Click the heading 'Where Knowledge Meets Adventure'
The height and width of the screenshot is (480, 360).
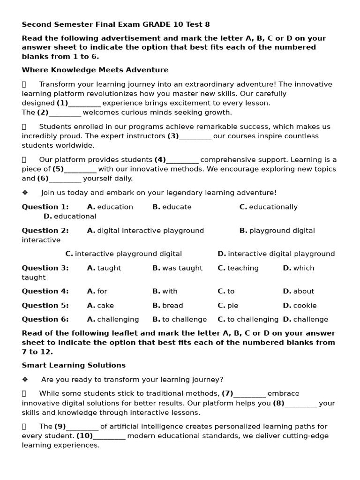click(x=95, y=70)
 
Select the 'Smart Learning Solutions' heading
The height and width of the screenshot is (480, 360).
click(x=74, y=365)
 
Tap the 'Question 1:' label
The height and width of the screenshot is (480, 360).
click(x=45, y=207)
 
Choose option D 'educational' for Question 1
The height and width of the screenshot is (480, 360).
click(x=70, y=216)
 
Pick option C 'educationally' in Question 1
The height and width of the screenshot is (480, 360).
click(x=268, y=207)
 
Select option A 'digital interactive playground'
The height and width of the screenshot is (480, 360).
click(x=145, y=230)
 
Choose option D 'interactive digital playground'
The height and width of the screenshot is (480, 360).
click(x=276, y=254)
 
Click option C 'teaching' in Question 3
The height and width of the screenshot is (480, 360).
click(x=238, y=268)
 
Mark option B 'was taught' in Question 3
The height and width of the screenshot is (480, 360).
click(x=177, y=268)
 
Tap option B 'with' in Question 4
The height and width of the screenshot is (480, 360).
click(x=165, y=291)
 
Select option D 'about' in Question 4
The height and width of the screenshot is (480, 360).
click(x=299, y=291)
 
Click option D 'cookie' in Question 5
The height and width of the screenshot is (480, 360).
click(x=300, y=305)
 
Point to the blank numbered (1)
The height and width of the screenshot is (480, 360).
click(x=84, y=104)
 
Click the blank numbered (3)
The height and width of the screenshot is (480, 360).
click(x=195, y=136)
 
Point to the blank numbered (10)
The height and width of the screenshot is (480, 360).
click(x=109, y=436)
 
